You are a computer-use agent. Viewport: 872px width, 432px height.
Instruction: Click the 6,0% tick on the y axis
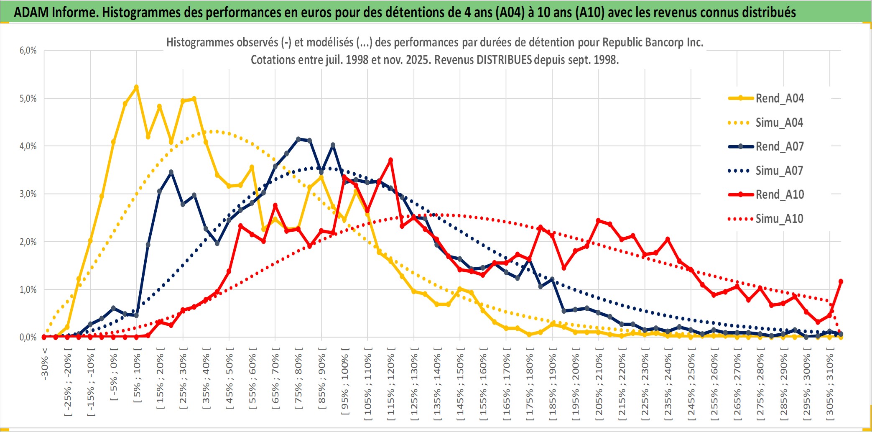28,51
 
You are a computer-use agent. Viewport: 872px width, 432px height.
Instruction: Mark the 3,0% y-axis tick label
28,194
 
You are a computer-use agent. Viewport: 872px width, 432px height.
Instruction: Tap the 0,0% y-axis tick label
28,337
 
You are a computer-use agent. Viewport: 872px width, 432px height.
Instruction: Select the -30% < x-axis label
45,364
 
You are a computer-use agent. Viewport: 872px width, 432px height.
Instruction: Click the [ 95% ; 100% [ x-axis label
345,385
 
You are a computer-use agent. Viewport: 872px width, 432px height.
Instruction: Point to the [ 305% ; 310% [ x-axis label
830,385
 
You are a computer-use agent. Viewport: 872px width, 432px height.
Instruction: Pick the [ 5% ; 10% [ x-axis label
137,378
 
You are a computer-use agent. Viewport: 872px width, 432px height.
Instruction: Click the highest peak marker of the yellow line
136,87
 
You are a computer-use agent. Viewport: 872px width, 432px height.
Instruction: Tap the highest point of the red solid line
390,160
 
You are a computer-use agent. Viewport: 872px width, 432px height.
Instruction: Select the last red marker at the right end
841,281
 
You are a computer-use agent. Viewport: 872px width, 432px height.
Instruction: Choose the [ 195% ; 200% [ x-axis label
576,385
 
